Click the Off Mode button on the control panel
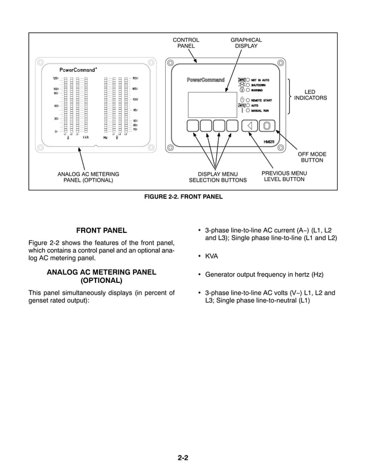(266, 126)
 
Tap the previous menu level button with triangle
(250, 126)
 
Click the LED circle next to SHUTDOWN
(248, 85)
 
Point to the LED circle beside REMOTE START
(248, 101)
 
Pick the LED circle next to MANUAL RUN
(248, 111)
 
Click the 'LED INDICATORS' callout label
(310, 95)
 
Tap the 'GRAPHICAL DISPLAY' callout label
(246, 43)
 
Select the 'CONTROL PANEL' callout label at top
(186, 43)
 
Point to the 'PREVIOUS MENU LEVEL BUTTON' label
(284, 177)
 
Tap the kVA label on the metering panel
(85, 138)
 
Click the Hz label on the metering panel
(105, 138)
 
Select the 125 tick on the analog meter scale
(56, 78)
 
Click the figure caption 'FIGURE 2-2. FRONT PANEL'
(183, 197)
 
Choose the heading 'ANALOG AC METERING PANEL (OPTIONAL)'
(101, 276)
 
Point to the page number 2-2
(183, 458)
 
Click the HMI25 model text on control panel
(268, 141)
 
